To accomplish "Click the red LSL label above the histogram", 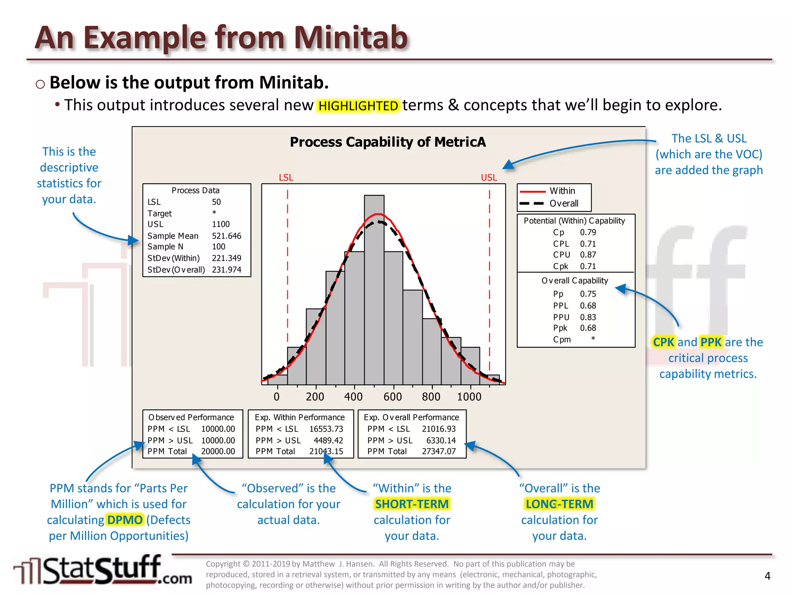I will click(286, 178).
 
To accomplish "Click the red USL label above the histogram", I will click(489, 178).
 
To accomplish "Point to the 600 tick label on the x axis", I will click(393, 397).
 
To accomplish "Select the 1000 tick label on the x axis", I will click(469, 397).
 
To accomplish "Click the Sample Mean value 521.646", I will click(226, 236).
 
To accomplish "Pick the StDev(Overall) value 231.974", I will click(226, 270).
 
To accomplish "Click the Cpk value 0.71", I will click(588, 266).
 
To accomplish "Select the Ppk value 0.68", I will click(588, 328).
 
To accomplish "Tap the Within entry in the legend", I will click(562, 191).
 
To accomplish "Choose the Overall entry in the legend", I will click(564, 203).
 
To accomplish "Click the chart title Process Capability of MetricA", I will click(388, 142).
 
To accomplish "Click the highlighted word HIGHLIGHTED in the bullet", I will click(358, 106).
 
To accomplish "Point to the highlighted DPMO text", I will click(125, 520).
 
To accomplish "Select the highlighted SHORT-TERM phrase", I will click(412, 504).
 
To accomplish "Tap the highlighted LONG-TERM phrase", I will click(559, 504).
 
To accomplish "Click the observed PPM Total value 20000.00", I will click(218, 451).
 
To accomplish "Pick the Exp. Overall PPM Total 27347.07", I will click(439, 451).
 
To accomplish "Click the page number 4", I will click(768, 576).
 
